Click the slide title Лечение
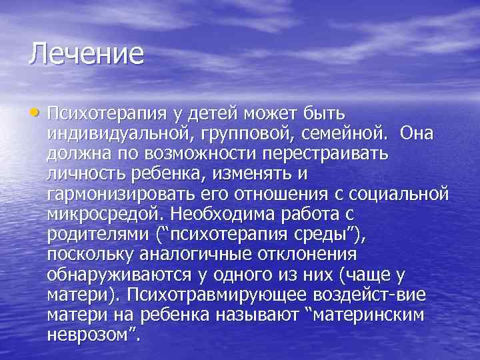coord(86,54)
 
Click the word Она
coord(417,133)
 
